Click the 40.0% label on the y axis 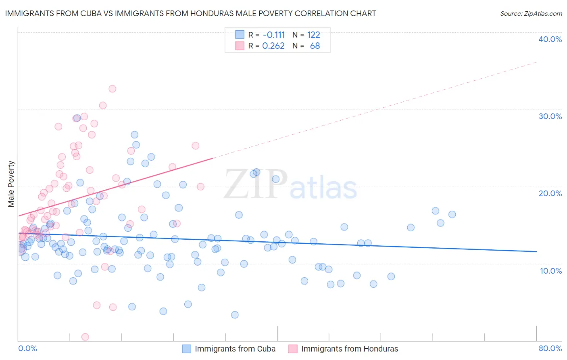550,39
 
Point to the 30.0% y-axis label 550,116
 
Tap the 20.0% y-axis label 550,193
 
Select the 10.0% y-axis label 550,271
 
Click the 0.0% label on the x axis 27,348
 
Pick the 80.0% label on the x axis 550,348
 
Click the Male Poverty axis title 11,184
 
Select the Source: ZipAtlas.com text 531,13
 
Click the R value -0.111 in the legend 273,35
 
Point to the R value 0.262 273,46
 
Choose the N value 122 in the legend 313,35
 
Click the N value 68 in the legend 315,46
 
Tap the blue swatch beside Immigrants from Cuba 186,349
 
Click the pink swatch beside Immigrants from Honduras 293,349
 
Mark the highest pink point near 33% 112,89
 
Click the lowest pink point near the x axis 85,337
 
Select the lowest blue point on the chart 235,315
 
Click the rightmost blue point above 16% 452,214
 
